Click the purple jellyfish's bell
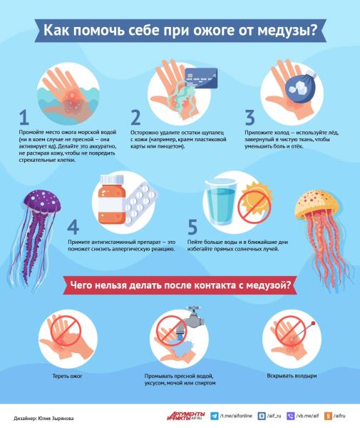[x=42, y=201]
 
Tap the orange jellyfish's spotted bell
[x=317, y=203]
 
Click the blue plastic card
[x=201, y=78]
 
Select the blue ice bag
[x=301, y=86]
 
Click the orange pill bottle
[x=112, y=200]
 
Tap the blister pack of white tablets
[x=140, y=203]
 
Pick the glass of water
[x=221, y=202]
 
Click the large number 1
[x=24, y=118]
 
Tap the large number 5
[x=192, y=227]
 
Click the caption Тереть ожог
[x=67, y=376]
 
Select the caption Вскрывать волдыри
[x=292, y=376]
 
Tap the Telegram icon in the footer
[x=215, y=416]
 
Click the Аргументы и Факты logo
[x=186, y=416]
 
